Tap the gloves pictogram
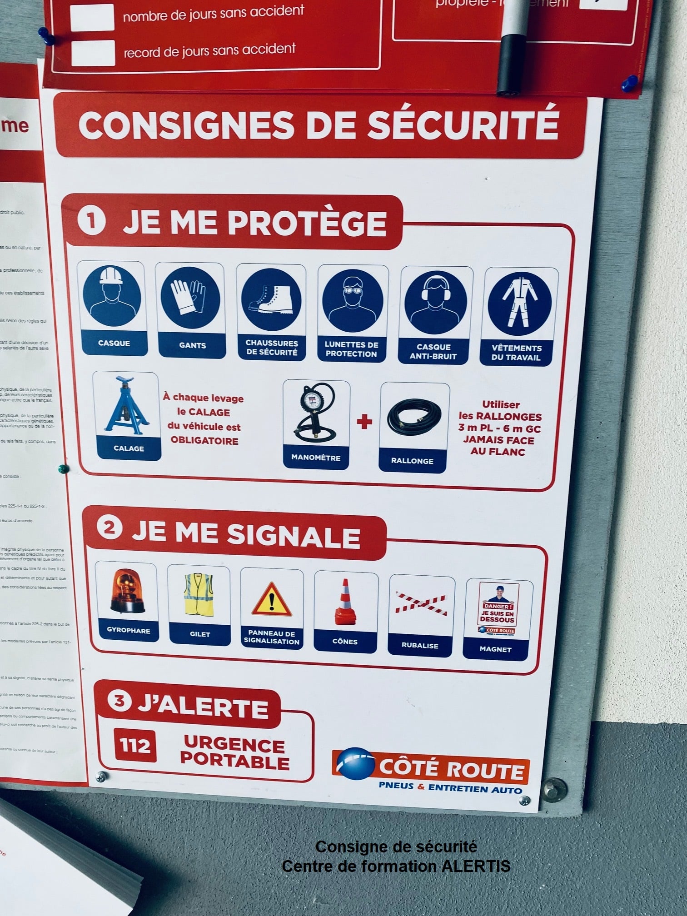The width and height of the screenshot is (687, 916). tap(189, 297)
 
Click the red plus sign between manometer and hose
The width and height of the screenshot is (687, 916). tap(364, 423)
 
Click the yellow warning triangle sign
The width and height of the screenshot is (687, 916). tap(272, 600)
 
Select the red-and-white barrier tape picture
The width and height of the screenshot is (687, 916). tap(421, 604)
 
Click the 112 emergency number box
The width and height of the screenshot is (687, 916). tap(134, 745)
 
